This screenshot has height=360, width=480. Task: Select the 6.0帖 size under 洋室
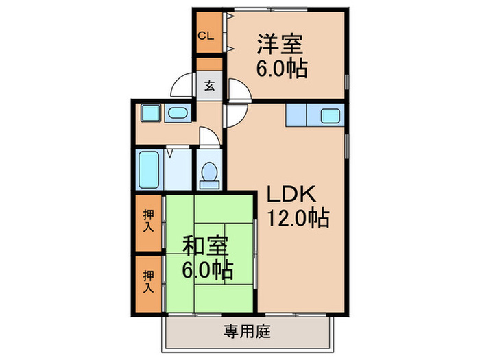[281, 69]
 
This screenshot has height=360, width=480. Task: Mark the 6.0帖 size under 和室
[206, 269]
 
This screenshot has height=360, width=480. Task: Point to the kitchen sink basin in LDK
[331, 116]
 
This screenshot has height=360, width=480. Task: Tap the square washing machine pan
[148, 113]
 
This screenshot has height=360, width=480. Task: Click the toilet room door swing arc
[208, 136]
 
